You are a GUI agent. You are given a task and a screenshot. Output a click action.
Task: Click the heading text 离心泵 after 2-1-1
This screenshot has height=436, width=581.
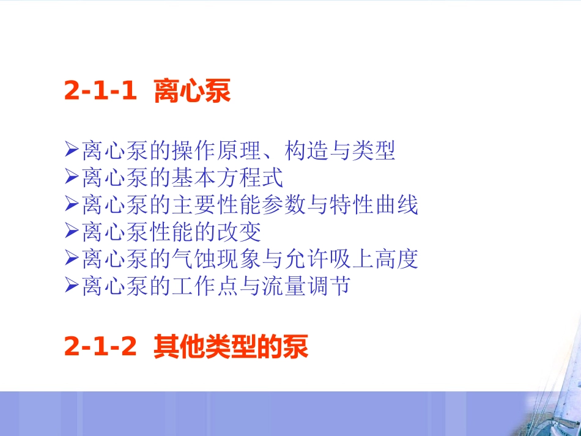pyautogui.click(x=191, y=91)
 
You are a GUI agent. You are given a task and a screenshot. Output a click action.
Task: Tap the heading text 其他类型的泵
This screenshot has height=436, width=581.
pyautogui.click(x=231, y=347)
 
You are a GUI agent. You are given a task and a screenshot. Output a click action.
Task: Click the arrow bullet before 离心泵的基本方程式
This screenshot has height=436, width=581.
pyautogui.click(x=71, y=179)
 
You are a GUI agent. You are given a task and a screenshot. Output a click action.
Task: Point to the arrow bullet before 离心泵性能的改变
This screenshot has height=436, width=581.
pyautogui.click(x=71, y=232)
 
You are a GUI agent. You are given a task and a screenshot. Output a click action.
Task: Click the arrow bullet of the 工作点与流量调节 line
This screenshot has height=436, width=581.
pyautogui.click(x=71, y=286)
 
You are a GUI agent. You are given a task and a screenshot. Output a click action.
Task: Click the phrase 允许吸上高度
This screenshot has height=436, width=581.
pyautogui.click(x=351, y=259)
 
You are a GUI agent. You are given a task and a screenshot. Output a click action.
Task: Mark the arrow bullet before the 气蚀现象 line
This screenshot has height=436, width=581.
pyautogui.click(x=71, y=259)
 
